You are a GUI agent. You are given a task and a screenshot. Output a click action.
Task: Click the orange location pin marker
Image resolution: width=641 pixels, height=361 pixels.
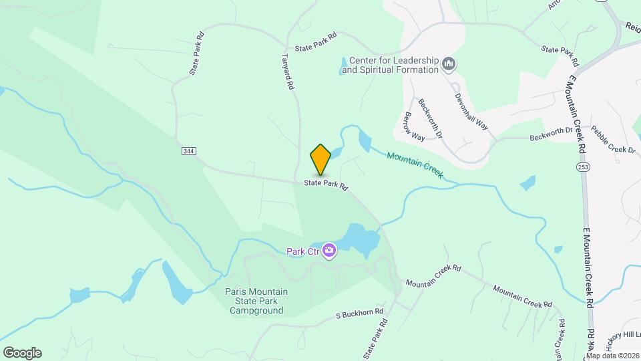coord(320,159)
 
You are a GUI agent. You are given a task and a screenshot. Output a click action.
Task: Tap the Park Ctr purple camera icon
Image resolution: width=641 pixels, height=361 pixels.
coord(329,251)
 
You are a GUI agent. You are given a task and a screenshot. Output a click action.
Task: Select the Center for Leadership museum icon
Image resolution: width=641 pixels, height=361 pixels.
coord(449,64)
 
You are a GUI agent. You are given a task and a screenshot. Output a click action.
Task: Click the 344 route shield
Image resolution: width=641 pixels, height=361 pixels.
coord(188,151)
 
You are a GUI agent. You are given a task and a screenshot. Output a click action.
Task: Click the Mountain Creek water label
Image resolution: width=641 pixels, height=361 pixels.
coord(415,164)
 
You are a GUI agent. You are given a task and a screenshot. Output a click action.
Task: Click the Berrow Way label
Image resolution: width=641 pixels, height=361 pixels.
coord(414,126)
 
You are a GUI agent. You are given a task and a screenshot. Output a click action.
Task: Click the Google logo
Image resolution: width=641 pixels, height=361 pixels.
coord(22,352)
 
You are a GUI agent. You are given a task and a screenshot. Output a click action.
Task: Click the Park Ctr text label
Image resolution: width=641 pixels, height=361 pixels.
coord(303,251)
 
